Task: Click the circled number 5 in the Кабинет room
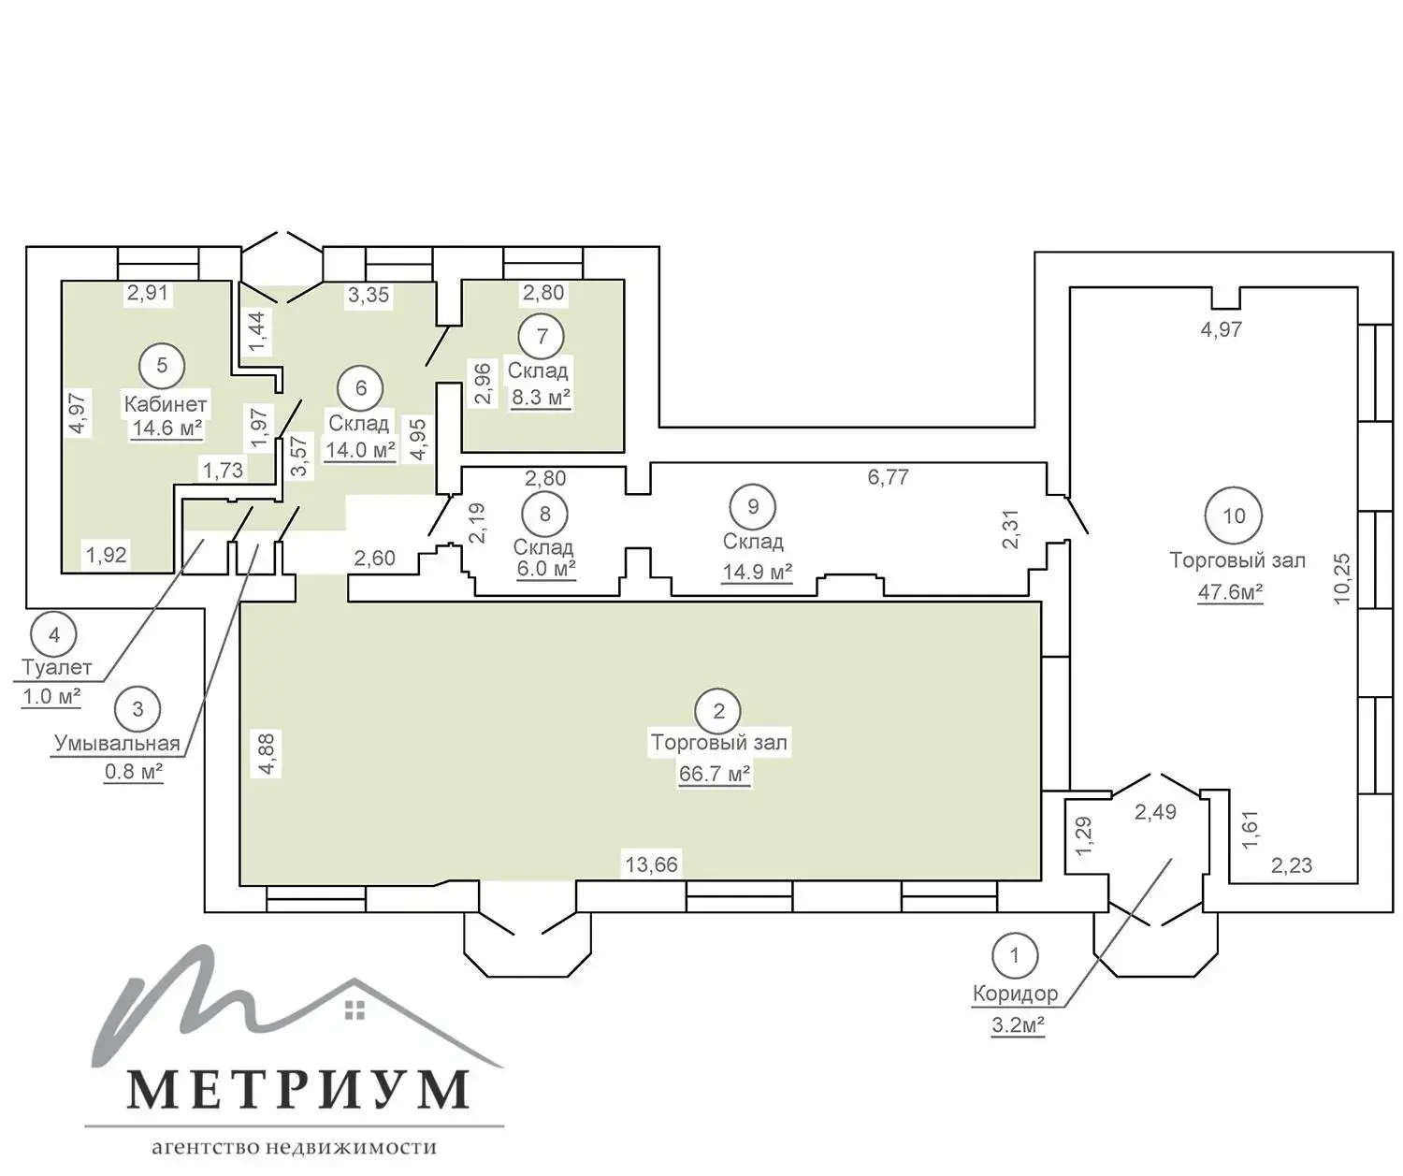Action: [x=162, y=366]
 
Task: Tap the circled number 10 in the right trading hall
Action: [x=1234, y=516]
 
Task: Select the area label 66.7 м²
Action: [x=715, y=774]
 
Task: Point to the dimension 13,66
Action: [x=652, y=864]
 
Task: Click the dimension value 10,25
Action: [x=1341, y=578]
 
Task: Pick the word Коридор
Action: [x=1015, y=994]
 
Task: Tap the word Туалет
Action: [x=56, y=667]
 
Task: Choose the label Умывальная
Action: [x=117, y=743]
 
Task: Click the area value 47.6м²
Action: [x=1230, y=592]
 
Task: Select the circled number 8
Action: [x=545, y=514]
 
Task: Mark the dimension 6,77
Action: [x=889, y=477]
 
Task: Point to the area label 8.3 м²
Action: [x=541, y=398]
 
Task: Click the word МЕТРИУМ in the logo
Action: [x=297, y=1088]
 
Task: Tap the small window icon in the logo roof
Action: [x=354, y=1009]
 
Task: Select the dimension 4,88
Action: [x=267, y=754]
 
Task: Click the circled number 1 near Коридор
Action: [x=1015, y=955]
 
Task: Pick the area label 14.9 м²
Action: [x=758, y=572]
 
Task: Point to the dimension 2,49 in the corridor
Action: [x=1156, y=812]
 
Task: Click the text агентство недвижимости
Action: [x=295, y=1146]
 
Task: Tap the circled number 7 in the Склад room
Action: [x=542, y=336]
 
